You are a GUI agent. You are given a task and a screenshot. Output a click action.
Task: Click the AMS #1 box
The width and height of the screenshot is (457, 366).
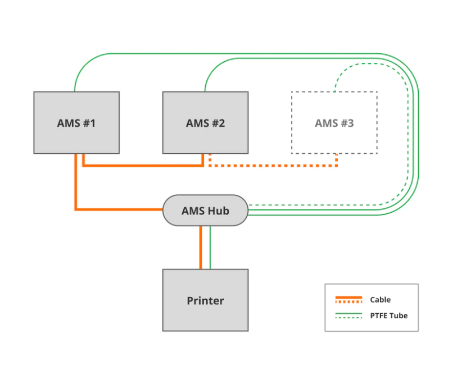tap(76, 122)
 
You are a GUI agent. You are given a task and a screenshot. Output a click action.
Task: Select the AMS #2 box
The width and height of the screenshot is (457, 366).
tap(206, 122)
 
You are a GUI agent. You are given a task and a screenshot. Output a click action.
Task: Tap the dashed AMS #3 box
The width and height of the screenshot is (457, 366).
tap(334, 122)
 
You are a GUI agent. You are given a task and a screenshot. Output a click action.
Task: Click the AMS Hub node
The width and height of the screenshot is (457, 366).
tap(206, 210)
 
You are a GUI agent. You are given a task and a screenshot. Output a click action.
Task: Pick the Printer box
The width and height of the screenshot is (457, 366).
tap(206, 300)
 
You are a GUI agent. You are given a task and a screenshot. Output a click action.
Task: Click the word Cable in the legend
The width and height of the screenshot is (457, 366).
tap(381, 300)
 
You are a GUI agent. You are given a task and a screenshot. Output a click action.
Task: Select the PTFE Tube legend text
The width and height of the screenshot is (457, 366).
tap(389, 315)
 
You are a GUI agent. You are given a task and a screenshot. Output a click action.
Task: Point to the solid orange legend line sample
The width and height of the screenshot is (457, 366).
tap(349, 298)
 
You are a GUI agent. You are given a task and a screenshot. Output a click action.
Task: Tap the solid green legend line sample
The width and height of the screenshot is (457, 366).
tap(349, 313)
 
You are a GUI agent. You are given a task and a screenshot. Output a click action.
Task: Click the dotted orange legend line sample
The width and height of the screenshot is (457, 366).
tap(349, 301)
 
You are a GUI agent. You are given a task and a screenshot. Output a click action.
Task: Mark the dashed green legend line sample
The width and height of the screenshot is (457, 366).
tap(349, 317)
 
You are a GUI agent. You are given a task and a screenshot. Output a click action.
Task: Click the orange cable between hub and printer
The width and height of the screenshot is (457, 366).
tap(201, 248)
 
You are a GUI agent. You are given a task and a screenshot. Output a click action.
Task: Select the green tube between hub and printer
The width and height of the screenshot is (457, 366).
tap(210, 248)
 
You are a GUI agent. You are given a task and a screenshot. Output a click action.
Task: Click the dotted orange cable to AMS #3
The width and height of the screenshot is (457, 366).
tap(273, 166)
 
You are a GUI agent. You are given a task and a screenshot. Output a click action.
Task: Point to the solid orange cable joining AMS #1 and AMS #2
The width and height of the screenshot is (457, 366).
tap(143, 166)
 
